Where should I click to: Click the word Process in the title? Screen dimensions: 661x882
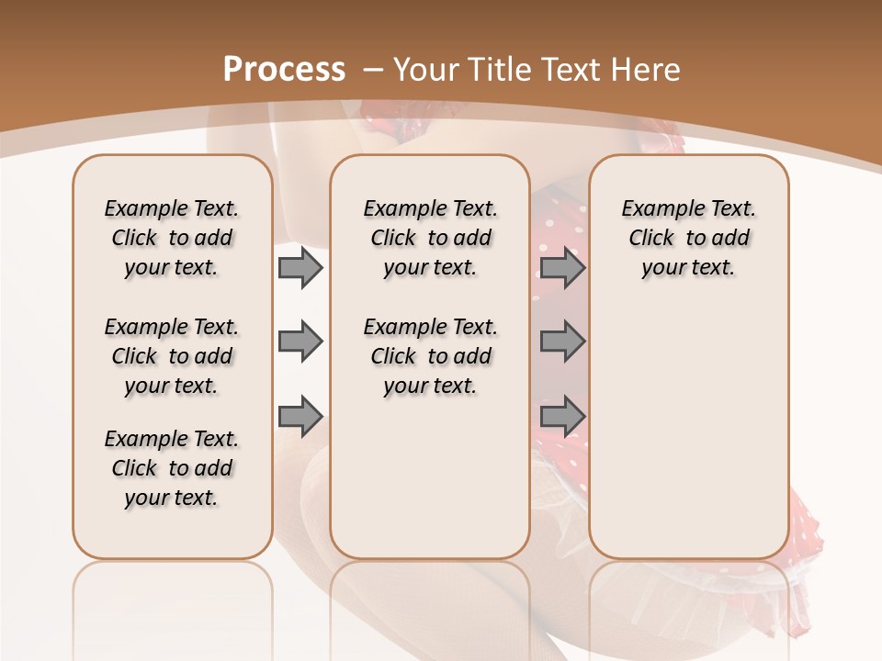click(284, 70)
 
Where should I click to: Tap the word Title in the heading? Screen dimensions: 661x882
click(501, 70)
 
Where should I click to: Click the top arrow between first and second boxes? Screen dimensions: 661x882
click(300, 268)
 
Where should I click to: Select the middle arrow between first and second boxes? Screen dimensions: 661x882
click(300, 342)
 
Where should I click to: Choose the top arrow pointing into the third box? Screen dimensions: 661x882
click(562, 268)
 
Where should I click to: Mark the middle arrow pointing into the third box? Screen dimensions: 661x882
click(562, 342)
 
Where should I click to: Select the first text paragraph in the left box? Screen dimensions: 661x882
click(172, 238)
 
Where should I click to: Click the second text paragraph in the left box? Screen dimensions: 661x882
click(172, 356)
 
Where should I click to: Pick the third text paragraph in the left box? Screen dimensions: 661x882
click(172, 468)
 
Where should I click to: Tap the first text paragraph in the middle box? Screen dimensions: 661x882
click(430, 238)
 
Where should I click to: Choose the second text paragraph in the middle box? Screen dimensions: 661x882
click(430, 356)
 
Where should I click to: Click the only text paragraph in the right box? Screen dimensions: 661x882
click(689, 238)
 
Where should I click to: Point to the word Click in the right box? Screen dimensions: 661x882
click(651, 238)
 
